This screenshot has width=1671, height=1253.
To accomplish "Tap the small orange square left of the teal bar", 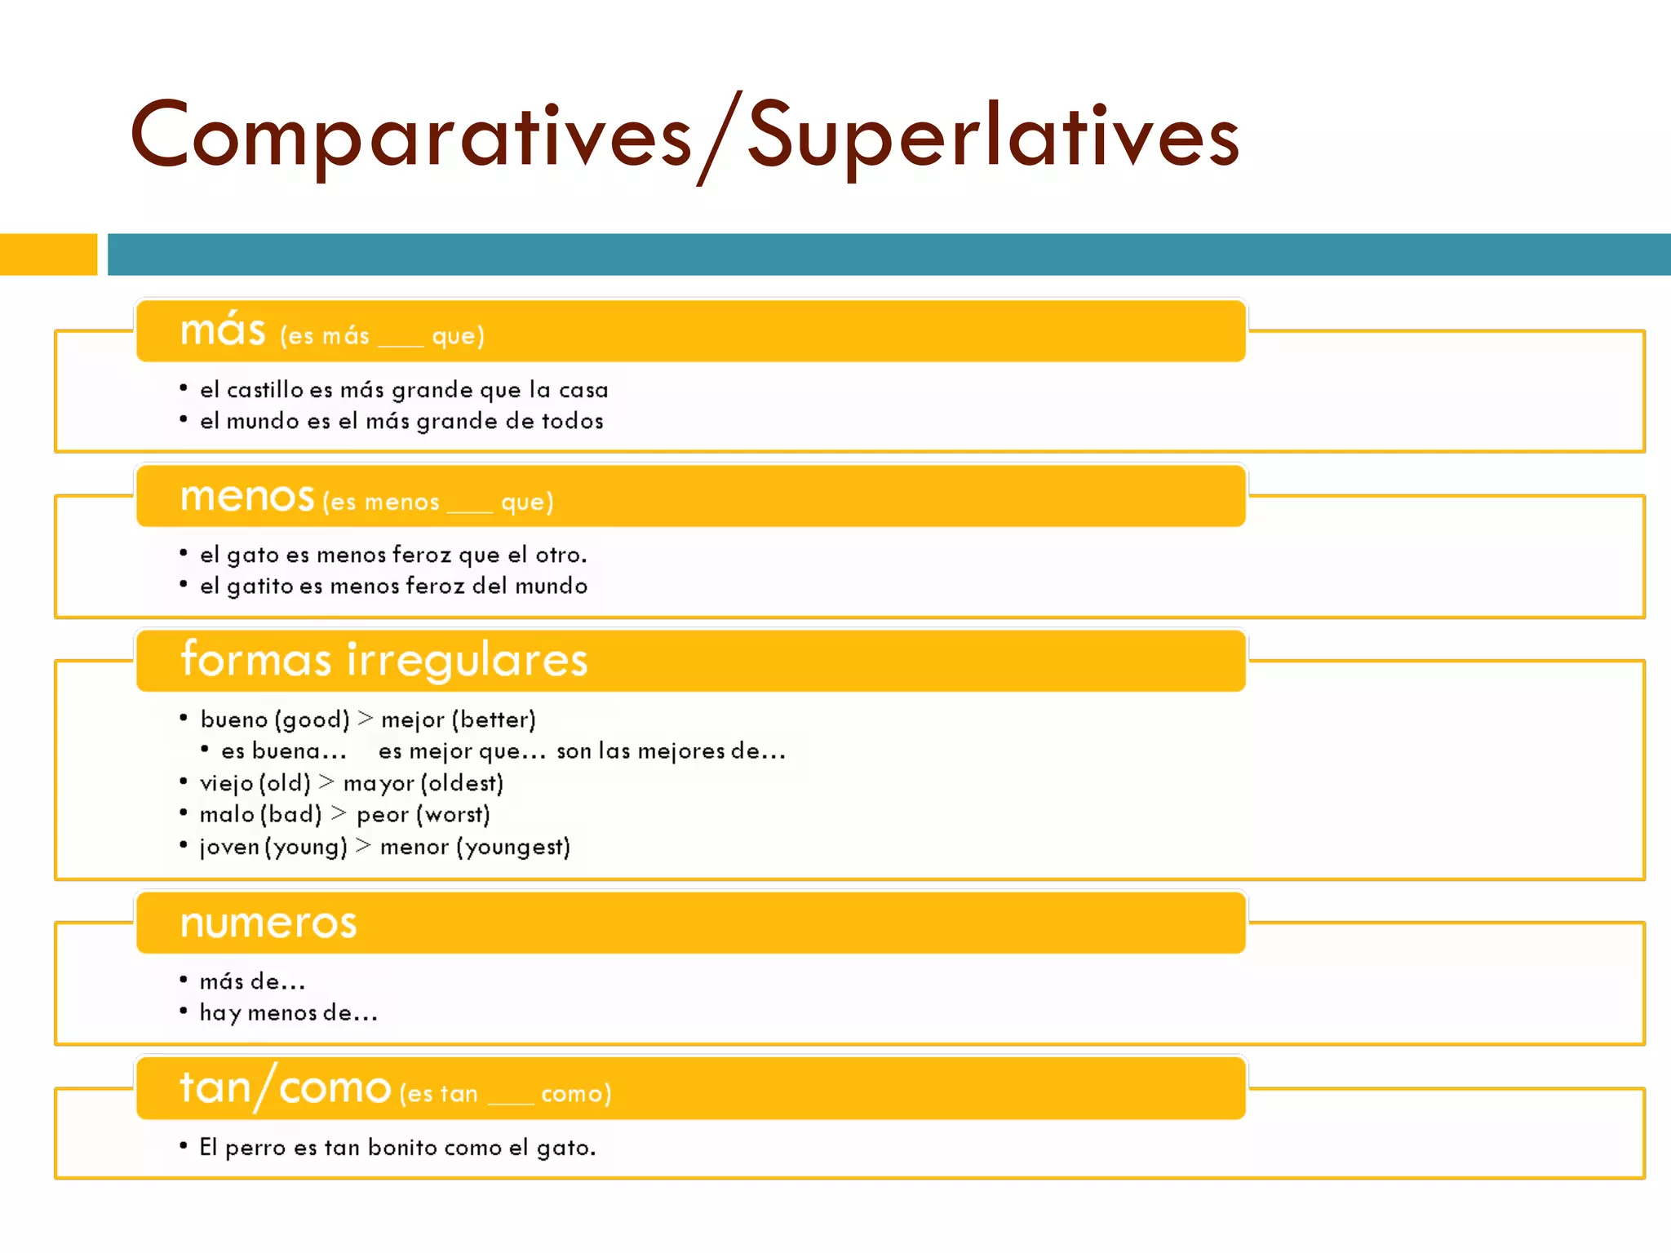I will (48, 255).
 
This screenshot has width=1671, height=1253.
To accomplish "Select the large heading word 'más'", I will (223, 330).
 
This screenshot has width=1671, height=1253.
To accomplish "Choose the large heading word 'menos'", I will (246, 497).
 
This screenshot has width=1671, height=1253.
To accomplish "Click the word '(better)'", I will (493, 719).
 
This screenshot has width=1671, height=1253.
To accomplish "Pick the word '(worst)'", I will (453, 815).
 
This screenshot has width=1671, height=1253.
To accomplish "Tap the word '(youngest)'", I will (513, 847).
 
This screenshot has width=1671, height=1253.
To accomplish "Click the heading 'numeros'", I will (268, 923).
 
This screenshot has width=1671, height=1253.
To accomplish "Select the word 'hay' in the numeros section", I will (219, 1013).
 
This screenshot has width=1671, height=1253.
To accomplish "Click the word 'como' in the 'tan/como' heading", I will (335, 1089).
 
